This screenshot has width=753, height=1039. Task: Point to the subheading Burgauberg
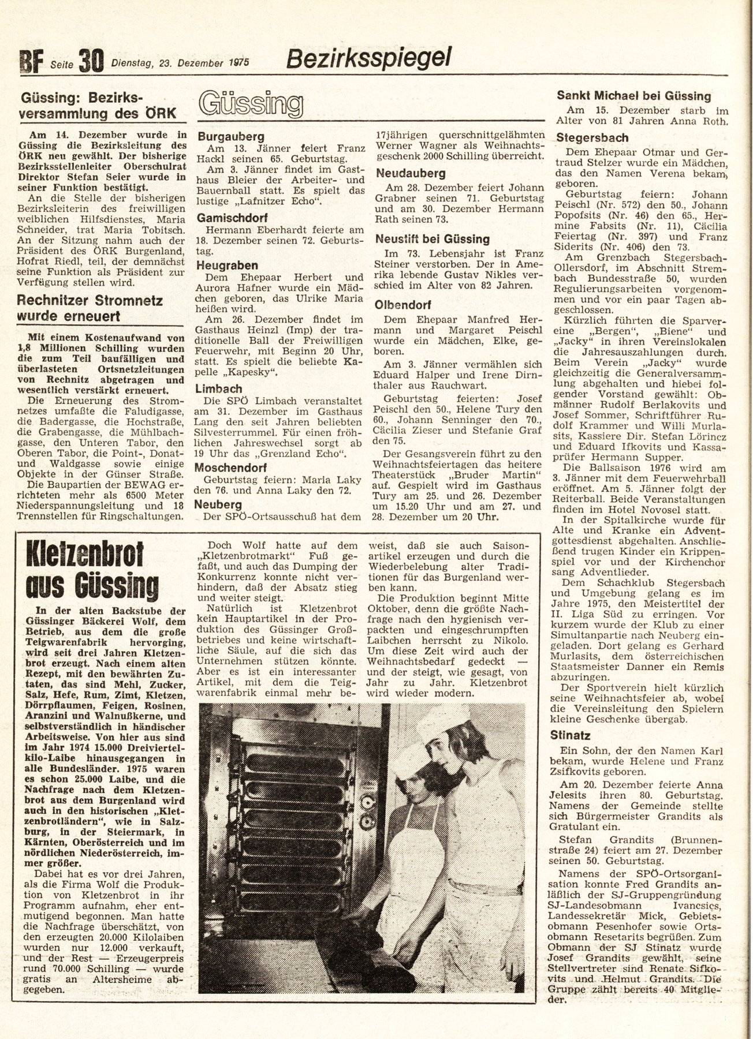coord(231,137)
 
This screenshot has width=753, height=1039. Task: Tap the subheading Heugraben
coord(228,266)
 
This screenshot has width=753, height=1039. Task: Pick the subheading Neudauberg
coord(411,173)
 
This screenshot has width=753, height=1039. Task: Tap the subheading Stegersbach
coord(592,138)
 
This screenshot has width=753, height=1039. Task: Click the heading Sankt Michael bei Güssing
coord(633,96)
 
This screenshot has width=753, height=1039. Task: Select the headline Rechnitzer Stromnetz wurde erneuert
coord(90,308)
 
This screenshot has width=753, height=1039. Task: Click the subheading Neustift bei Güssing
coord(433,238)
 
